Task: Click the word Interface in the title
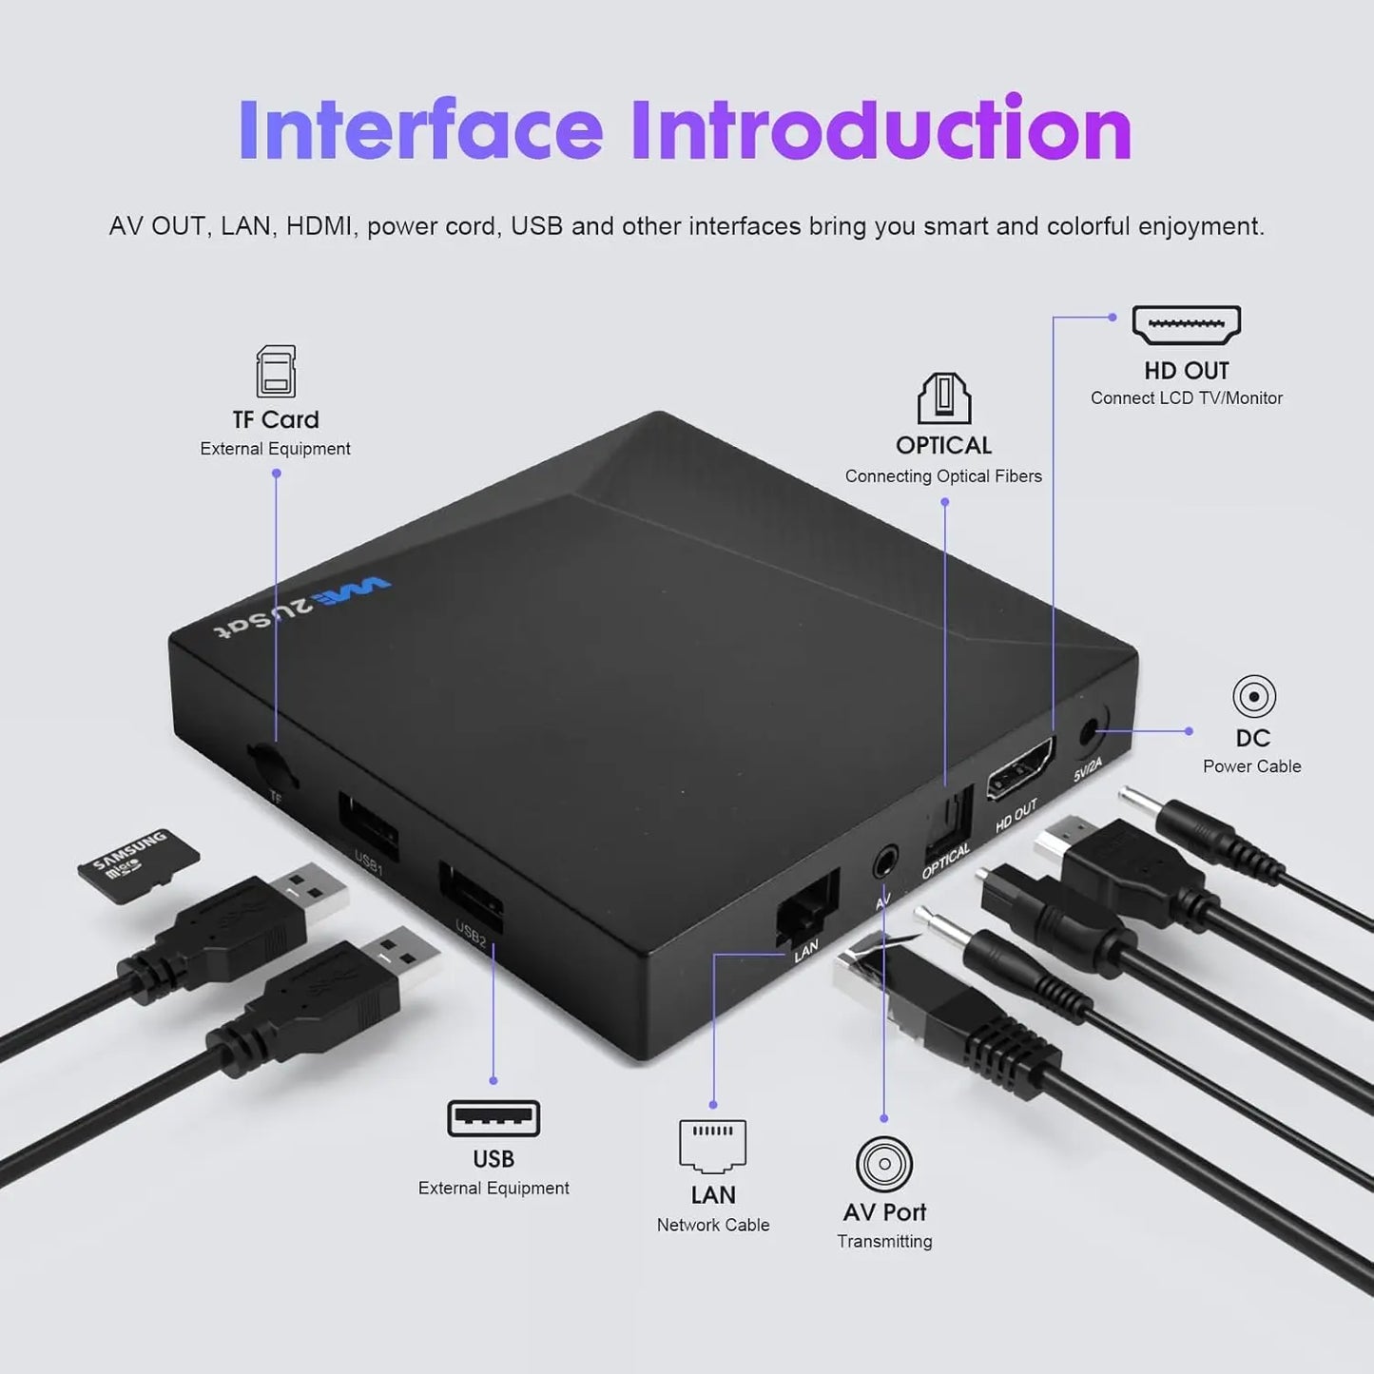click(x=420, y=129)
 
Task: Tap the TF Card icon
click(x=276, y=371)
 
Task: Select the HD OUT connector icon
click(x=1186, y=325)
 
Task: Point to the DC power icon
click(x=1253, y=697)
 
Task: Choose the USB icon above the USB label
click(x=493, y=1119)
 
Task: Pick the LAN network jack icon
click(x=712, y=1146)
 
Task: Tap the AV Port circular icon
click(x=884, y=1164)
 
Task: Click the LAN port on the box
click(x=807, y=909)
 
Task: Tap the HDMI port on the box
click(x=1020, y=769)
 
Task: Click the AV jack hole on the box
click(x=885, y=861)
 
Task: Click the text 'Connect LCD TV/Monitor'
click(x=1186, y=398)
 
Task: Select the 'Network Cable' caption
click(x=712, y=1225)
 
